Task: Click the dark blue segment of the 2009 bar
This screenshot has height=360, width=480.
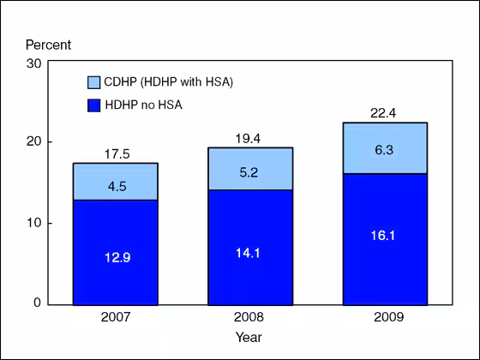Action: [385, 239]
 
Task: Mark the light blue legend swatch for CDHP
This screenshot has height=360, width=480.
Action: [94, 82]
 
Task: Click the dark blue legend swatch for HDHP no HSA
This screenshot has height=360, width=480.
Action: [94, 105]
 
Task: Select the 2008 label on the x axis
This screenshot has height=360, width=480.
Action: [250, 317]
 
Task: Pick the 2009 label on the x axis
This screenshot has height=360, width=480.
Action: [385, 317]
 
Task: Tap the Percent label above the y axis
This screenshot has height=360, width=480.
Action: [48, 45]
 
